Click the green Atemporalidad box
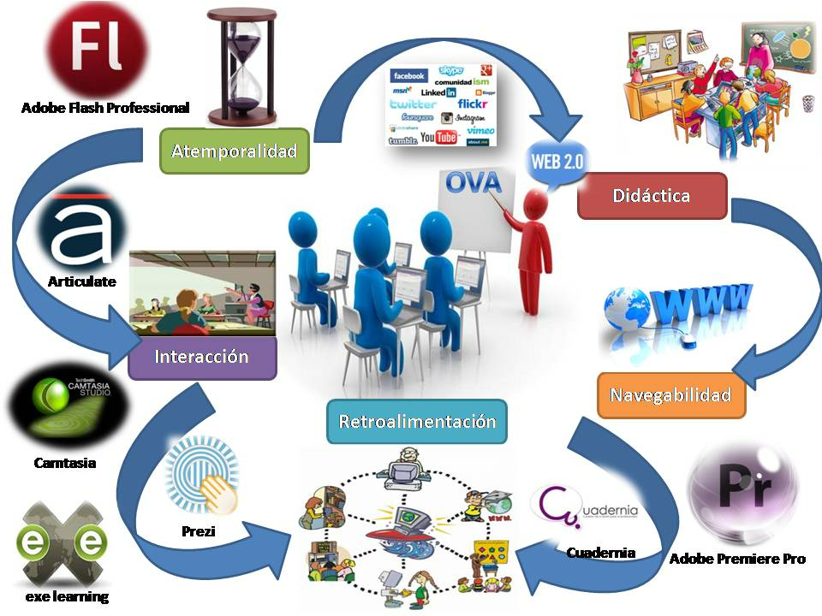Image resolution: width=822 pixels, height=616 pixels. (234, 151)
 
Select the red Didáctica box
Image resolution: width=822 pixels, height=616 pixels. (652, 196)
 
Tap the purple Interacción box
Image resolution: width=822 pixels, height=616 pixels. (202, 357)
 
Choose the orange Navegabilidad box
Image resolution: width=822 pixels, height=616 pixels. (670, 395)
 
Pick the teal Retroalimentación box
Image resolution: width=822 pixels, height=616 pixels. (417, 422)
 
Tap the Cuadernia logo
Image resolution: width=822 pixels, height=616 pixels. (587, 508)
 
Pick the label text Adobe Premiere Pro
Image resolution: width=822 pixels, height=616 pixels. (737, 559)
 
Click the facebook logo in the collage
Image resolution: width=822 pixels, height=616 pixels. (409, 76)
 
